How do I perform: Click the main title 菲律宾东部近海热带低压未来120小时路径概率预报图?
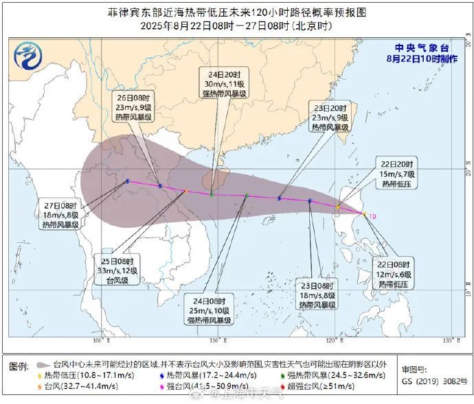point(237,12)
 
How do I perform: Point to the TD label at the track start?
point(372,217)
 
